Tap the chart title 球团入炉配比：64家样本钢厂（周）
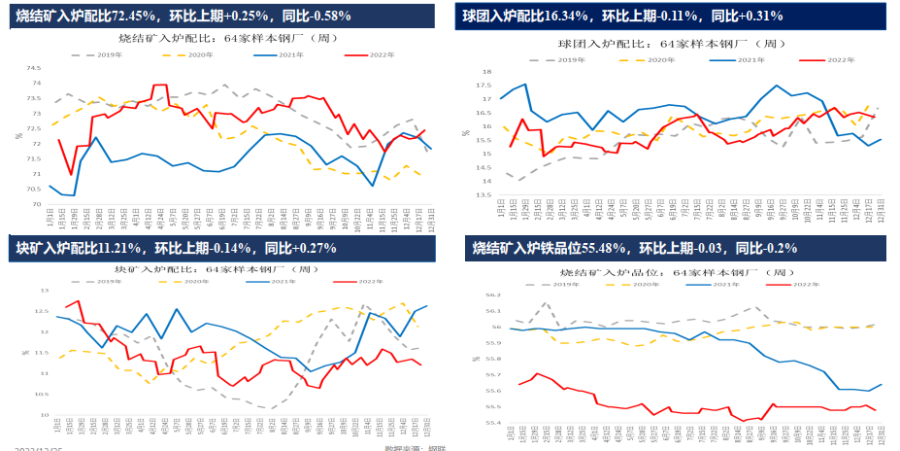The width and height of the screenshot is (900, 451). [670, 44]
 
